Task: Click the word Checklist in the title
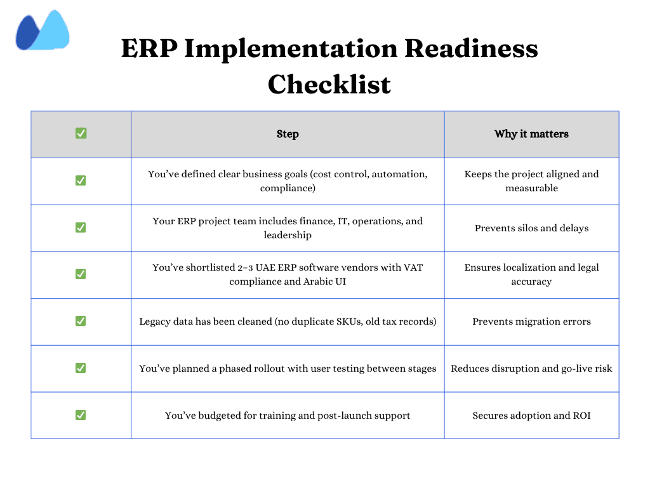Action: click(329, 84)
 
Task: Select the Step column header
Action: click(288, 134)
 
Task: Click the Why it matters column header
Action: click(531, 134)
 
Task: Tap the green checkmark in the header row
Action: click(81, 133)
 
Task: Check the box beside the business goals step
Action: click(81, 180)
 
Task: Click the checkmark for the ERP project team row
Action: click(81, 227)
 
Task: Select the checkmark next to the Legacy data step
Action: click(81, 321)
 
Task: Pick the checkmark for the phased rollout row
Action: click(81, 368)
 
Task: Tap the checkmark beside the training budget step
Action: click(81, 415)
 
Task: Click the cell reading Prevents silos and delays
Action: click(531, 228)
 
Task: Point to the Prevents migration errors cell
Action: click(531, 322)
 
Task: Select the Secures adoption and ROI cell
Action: click(531, 416)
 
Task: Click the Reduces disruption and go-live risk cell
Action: click(531, 369)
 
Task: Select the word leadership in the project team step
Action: click(288, 235)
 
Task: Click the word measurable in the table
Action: click(531, 188)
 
